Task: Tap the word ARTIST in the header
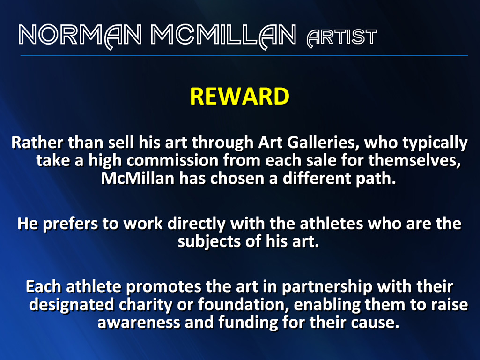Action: coord(342,37)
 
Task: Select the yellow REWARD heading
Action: coord(240,97)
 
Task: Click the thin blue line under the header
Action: coord(244,55)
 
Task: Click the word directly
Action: coord(196,224)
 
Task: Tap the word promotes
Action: coord(163,287)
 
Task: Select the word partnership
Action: coord(327,287)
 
